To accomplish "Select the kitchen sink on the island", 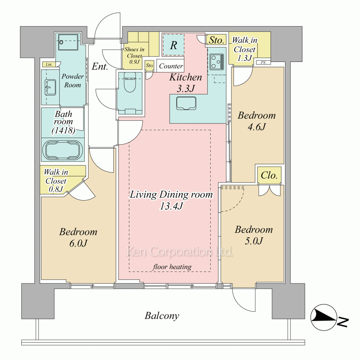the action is click(x=186, y=104).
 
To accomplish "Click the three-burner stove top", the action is click(x=216, y=62).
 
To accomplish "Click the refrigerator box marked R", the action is click(x=174, y=45).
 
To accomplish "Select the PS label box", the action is click(x=263, y=62).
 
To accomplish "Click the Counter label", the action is click(x=171, y=66).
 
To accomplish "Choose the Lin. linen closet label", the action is click(x=49, y=64).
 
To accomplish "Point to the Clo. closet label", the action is click(x=269, y=175).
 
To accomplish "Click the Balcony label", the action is click(x=162, y=316).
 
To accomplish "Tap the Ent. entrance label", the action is click(x=100, y=67).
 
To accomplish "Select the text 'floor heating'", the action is click(x=172, y=267).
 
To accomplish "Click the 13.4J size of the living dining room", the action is click(x=171, y=206).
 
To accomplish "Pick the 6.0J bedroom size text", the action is click(x=78, y=243).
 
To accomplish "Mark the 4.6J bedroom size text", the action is click(x=257, y=127).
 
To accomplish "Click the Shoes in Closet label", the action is click(x=134, y=55).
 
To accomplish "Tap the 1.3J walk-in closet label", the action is click(x=245, y=58).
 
